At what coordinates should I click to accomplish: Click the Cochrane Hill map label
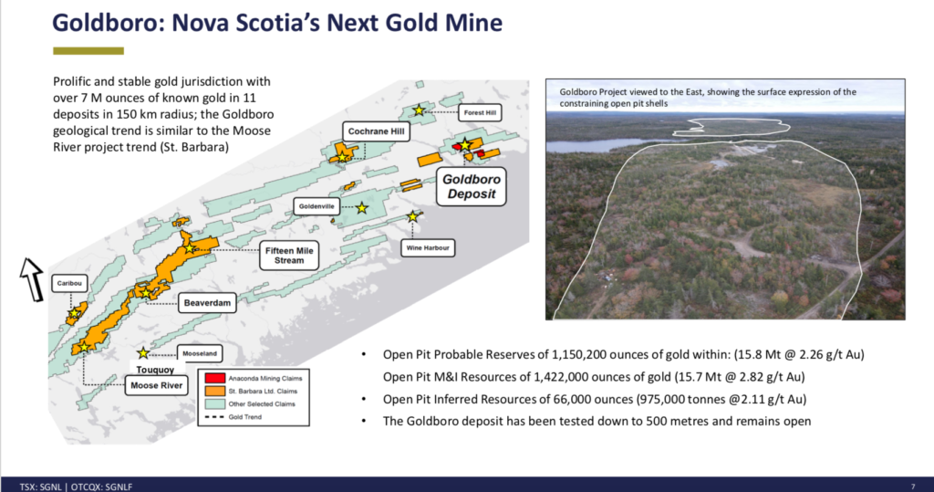click(x=376, y=131)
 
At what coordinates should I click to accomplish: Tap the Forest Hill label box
click(x=480, y=112)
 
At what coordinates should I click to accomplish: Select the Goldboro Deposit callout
click(x=472, y=186)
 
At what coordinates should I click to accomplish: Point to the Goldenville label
click(x=317, y=206)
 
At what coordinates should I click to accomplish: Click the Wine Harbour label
click(x=428, y=247)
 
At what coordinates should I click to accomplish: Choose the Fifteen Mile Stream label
click(x=289, y=256)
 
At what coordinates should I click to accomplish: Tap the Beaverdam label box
click(x=207, y=303)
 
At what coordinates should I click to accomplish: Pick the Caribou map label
click(x=69, y=283)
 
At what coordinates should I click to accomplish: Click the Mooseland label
click(x=200, y=353)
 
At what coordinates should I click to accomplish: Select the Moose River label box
click(x=156, y=385)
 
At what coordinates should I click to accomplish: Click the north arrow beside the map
click(x=32, y=279)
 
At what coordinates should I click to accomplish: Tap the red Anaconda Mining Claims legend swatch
click(x=214, y=378)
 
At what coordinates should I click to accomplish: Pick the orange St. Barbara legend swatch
click(x=214, y=392)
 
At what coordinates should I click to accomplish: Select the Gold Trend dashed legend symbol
click(x=214, y=417)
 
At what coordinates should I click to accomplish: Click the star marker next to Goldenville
click(x=361, y=208)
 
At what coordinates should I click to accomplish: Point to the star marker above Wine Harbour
click(x=412, y=216)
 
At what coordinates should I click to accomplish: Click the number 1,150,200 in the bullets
click(x=577, y=354)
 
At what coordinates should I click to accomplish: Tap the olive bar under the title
click(x=88, y=51)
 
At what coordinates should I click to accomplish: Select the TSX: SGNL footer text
click(x=40, y=487)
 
